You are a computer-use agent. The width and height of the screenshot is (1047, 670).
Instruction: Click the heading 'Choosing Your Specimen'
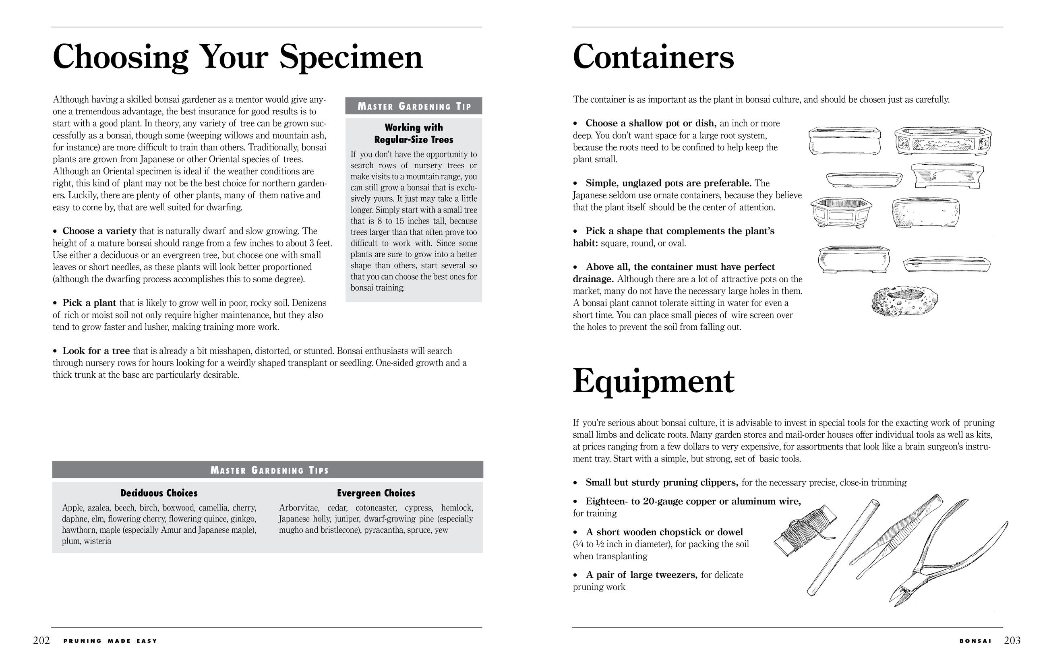click(238, 57)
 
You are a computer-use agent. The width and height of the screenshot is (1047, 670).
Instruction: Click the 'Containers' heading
click(653, 57)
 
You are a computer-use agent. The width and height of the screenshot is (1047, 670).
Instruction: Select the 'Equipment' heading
click(653, 382)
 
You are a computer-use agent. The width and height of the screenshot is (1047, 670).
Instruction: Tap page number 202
click(41, 641)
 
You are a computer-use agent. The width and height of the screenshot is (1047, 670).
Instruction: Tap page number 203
click(1012, 641)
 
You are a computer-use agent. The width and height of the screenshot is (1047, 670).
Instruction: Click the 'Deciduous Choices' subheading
click(159, 493)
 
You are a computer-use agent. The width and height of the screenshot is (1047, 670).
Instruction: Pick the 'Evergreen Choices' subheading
click(376, 493)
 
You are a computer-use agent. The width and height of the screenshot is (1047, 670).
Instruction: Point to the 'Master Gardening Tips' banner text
click(269, 470)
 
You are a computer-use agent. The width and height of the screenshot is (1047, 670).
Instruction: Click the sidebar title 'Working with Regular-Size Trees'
click(414, 134)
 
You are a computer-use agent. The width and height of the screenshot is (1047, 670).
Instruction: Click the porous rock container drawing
click(905, 301)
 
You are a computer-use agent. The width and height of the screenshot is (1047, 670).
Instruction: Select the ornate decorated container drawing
click(943, 141)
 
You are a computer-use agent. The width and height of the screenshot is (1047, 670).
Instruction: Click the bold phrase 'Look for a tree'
click(96, 351)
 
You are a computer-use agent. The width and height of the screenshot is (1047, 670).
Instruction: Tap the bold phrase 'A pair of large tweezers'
click(641, 575)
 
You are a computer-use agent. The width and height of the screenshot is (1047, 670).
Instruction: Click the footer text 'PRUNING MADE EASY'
click(110, 641)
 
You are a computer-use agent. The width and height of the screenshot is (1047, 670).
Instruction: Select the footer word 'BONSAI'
click(975, 641)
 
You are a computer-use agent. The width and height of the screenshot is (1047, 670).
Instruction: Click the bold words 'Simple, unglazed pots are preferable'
click(668, 183)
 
